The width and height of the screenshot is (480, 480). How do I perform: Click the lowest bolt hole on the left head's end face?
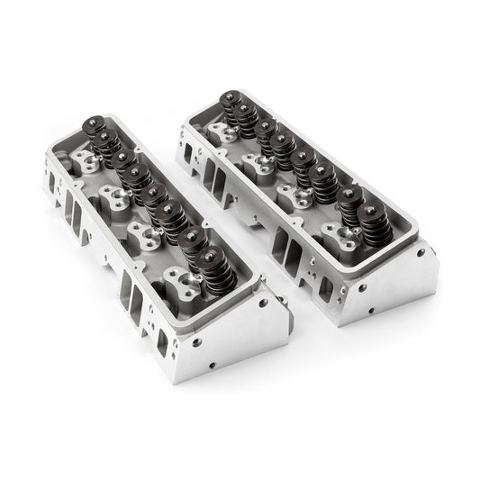point(213,367)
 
